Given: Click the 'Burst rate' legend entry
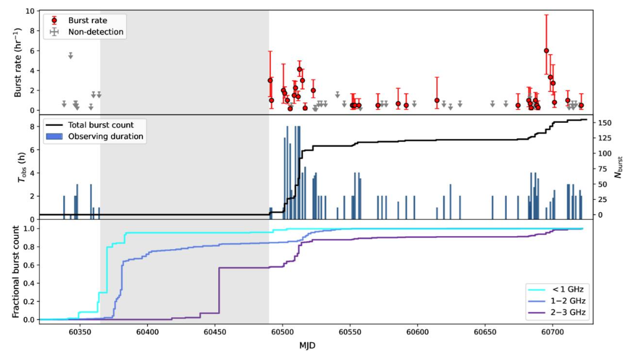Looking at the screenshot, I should click(88, 20).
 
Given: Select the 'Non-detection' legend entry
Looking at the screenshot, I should click(96, 32).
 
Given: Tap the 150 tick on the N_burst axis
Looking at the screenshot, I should click(604, 123).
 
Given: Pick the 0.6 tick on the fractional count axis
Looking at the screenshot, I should click(27, 265).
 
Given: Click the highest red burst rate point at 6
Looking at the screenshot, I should click(546, 51).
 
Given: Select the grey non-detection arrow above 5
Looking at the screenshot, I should click(70, 55).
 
